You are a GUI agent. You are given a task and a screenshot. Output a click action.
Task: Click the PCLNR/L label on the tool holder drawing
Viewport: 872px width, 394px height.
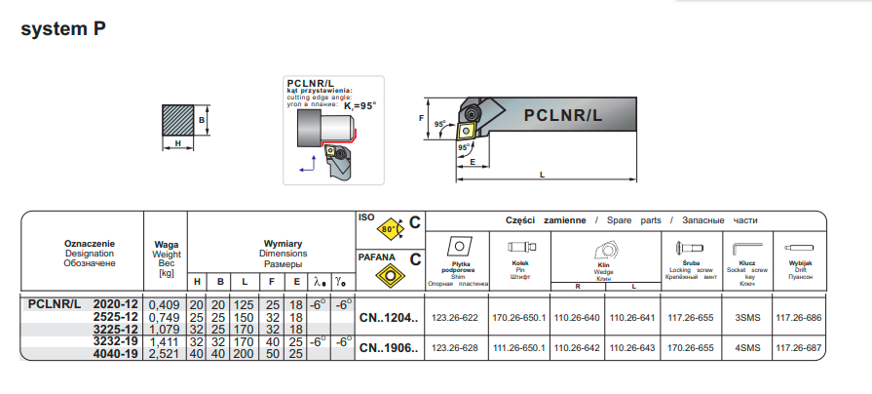563,114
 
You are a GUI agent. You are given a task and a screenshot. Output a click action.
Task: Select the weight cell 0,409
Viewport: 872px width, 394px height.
162,305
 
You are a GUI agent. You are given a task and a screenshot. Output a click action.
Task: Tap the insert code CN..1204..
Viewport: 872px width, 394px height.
388,318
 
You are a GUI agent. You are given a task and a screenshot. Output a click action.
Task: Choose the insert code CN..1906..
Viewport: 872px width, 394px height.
388,346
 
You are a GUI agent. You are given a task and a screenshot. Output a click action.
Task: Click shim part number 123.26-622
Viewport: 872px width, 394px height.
455,318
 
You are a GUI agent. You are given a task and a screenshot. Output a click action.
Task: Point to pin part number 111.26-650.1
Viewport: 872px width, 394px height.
518,346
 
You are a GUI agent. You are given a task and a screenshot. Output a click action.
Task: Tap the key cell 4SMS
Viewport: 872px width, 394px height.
747,346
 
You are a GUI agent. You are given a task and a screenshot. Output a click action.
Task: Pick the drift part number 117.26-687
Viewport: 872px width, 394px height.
799,346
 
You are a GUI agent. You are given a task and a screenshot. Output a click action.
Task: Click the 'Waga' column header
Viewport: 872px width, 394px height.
167,244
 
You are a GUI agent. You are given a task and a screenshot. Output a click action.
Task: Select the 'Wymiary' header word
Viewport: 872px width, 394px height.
284,243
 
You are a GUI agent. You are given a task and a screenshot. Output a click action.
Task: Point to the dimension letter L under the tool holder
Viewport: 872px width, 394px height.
541,175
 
